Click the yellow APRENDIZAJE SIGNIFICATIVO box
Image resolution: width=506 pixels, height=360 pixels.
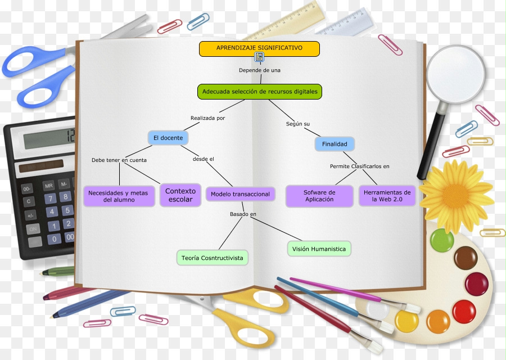pyautogui.click(x=259, y=48)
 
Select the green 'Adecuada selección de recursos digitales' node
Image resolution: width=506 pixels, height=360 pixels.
pyautogui.click(x=260, y=92)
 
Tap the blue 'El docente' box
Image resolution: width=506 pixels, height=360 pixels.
pyautogui.click(x=168, y=138)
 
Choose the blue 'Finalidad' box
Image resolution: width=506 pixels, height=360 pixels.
pyautogui.click(x=335, y=144)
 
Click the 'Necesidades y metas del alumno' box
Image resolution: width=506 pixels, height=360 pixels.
pyautogui.click(x=119, y=196)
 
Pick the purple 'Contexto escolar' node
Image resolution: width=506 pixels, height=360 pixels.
pyautogui.click(x=180, y=195)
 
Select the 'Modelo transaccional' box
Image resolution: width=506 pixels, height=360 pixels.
pyautogui.click(x=240, y=195)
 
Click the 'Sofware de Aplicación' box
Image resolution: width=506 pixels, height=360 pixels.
pyautogui.click(x=319, y=196)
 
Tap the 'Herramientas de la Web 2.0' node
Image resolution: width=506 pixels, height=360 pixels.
pyautogui.click(x=387, y=196)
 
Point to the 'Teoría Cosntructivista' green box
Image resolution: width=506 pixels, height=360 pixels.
pyautogui.click(x=213, y=258)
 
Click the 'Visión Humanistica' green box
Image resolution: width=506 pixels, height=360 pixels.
pyautogui.click(x=319, y=249)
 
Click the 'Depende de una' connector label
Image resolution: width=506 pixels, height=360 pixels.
pyautogui.click(x=259, y=70)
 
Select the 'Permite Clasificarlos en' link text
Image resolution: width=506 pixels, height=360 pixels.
pyautogui.click(x=359, y=166)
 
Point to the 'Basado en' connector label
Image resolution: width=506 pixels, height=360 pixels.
pyautogui.click(x=243, y=214)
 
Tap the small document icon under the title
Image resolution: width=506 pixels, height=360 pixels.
pyautogui.click(x=259, y=57)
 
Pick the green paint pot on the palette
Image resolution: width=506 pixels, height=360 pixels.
pyautogui.click(x=442, y=241)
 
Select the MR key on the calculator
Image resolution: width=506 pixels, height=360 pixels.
pyautogui.click(x=49, y=184)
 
